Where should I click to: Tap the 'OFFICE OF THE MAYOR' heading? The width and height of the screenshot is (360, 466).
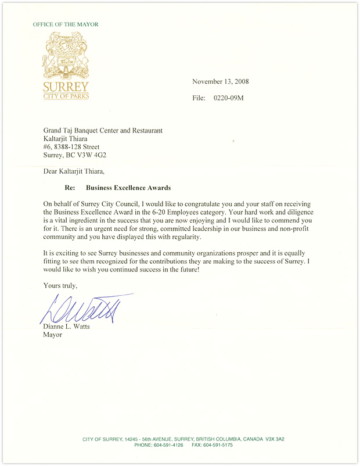(66, 24)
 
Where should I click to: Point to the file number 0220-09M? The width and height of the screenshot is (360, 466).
(229, 98)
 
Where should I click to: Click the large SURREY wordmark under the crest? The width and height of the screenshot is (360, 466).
(66, 87)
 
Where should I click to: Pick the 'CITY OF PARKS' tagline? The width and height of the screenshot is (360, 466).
(66, 96)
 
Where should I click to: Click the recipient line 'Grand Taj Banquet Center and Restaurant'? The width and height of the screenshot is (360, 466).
(103, 131)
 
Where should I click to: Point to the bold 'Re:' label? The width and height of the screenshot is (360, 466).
(69, 188)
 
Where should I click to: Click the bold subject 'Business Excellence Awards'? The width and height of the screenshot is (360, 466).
(128, 188)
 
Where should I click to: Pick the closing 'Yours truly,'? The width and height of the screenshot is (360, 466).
(60, 285)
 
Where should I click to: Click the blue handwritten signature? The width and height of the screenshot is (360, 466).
(87, 308)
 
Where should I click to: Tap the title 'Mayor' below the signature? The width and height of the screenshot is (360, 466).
(53, 335)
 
